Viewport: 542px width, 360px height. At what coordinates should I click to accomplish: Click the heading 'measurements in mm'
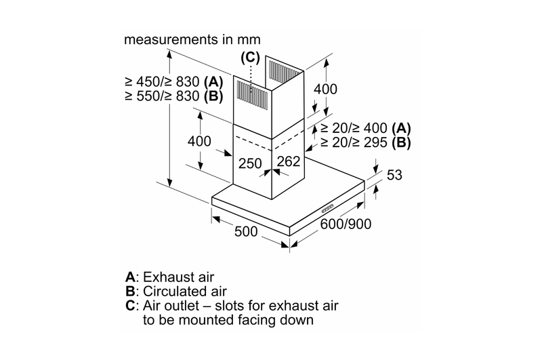(x=192, y=39)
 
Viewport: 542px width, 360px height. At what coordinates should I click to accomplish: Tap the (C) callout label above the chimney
(x=250, y=58)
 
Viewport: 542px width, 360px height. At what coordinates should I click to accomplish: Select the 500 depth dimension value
(x=246, y=231)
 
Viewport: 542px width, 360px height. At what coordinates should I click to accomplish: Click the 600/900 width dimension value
(x=346, y=224)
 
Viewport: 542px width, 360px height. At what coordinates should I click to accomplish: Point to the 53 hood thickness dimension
(x=394, y=175)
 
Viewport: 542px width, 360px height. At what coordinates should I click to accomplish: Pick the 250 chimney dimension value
(x=250, y=163)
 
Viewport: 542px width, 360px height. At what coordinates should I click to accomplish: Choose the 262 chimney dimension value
(x=289, y=161)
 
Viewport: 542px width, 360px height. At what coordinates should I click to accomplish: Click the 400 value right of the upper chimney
(x=325, y=89)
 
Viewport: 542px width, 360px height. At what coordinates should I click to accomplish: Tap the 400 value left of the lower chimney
(x=199, y=141)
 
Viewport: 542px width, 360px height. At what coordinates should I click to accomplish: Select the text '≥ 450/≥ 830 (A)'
(x=174, y=82)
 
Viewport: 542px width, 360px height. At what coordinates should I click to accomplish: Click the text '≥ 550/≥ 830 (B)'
(x=174, y=96)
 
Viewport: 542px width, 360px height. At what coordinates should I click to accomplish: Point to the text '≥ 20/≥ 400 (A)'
(x=366, y=128)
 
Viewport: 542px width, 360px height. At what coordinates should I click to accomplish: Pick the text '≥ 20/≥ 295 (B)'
(x=366, y=142)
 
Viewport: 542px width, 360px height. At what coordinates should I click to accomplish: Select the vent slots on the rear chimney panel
(x=284, y=71)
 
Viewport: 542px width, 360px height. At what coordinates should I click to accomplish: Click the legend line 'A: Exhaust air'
(x=170, y=277)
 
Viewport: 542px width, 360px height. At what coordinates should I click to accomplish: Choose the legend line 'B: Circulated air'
(x=176, y=292)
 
